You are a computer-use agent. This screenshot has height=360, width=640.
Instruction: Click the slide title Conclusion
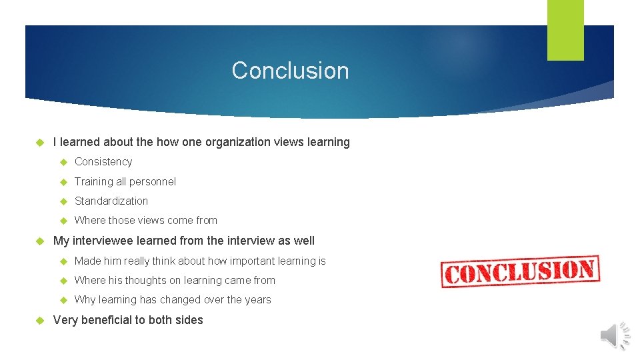290,71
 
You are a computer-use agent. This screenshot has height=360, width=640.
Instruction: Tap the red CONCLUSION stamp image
520,271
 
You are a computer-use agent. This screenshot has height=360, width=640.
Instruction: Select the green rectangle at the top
565,30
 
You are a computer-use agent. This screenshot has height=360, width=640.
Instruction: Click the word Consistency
103,162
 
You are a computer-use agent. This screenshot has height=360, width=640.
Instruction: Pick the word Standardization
111,201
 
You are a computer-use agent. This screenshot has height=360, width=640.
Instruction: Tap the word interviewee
103,241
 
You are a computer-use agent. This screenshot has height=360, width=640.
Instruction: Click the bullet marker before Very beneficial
39,320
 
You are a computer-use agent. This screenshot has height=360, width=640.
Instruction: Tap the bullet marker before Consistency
64,162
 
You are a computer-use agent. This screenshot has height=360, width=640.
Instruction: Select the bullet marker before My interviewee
39,241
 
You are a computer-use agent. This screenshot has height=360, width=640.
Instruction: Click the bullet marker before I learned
39,142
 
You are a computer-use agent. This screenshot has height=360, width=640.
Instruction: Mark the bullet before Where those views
64,221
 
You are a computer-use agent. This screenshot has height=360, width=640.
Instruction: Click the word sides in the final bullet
189,320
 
